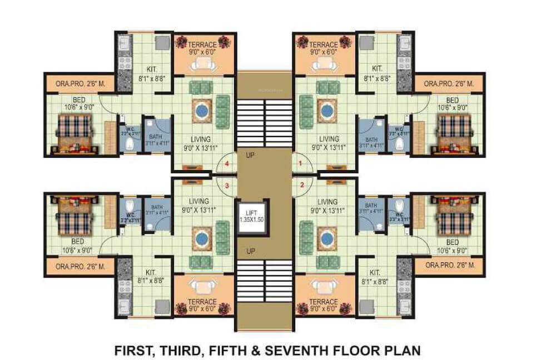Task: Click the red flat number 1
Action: [x=301, y=164]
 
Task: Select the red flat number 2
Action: [x=301, y=186]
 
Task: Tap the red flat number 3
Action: [x=227, y=186]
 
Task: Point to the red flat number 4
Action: [x=227, y=164]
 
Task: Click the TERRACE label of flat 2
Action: [x=323, y=302]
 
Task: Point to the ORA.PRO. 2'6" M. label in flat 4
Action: [x=78, y=84]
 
